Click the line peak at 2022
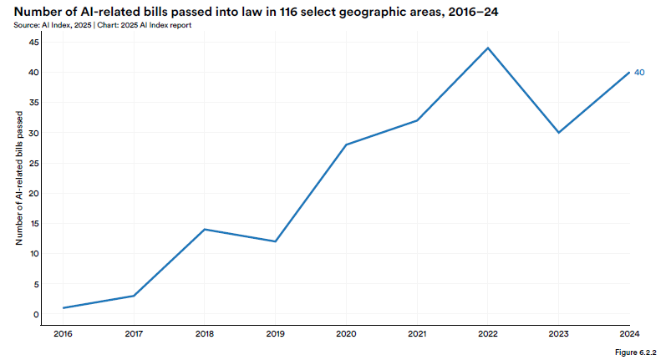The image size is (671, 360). point(488,48)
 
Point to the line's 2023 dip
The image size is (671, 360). point(558,133)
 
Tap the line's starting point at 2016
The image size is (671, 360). point(63,308)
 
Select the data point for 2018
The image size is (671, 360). point(205,229)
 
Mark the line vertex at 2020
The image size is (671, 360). point(346,145)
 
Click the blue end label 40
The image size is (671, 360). point(639,73)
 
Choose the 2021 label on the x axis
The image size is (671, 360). point(417,334)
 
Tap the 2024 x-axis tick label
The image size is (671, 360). point(629,334)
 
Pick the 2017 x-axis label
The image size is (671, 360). point(134,334)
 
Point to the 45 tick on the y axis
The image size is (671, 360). point(34,42)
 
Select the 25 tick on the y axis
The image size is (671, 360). point(34,163)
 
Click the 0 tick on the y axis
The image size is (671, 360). point(37,314)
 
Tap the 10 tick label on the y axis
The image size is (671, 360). point(34,254)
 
